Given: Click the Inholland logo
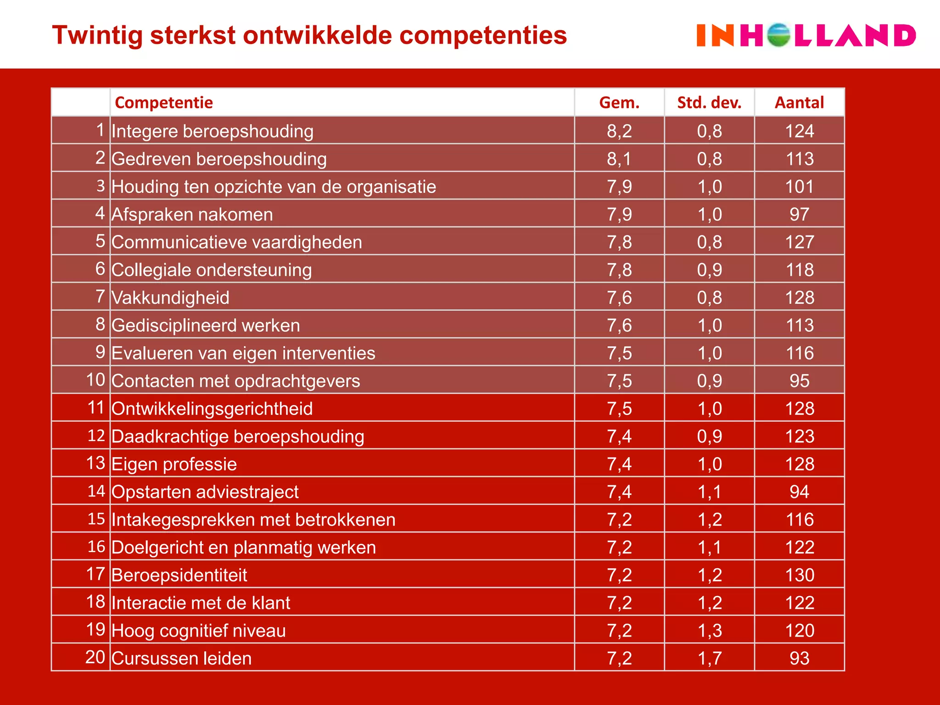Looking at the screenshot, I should pos(806,36).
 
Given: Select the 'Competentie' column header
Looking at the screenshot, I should pos(164,102).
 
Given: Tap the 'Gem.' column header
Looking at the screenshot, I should pos(619,102).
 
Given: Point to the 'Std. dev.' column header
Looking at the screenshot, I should pos(709,102).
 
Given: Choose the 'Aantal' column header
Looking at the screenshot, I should pos(799,102).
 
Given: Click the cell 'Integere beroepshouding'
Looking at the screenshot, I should pos(213,131).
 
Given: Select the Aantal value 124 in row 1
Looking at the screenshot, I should pos(799,131).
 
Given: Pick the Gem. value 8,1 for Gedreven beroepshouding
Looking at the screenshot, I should pos(619,159).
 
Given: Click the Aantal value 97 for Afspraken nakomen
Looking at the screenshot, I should pos(799,214).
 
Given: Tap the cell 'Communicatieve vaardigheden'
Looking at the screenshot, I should pos(237,242).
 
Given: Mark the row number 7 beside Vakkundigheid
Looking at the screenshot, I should pos(100,297).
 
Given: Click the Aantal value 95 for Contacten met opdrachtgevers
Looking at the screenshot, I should pos(799,381).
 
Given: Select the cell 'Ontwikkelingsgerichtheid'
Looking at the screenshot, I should pos(212,409).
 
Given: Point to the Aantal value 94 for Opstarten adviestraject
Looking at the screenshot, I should pos(799,492).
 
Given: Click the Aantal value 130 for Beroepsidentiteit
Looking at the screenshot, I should pos(799,575).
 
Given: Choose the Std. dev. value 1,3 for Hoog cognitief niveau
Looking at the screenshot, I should pos(709,631).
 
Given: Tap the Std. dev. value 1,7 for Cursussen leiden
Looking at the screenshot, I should pos(709,659).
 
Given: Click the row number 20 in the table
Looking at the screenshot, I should pos(95,657).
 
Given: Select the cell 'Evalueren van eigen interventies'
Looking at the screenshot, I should pos(243,353).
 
